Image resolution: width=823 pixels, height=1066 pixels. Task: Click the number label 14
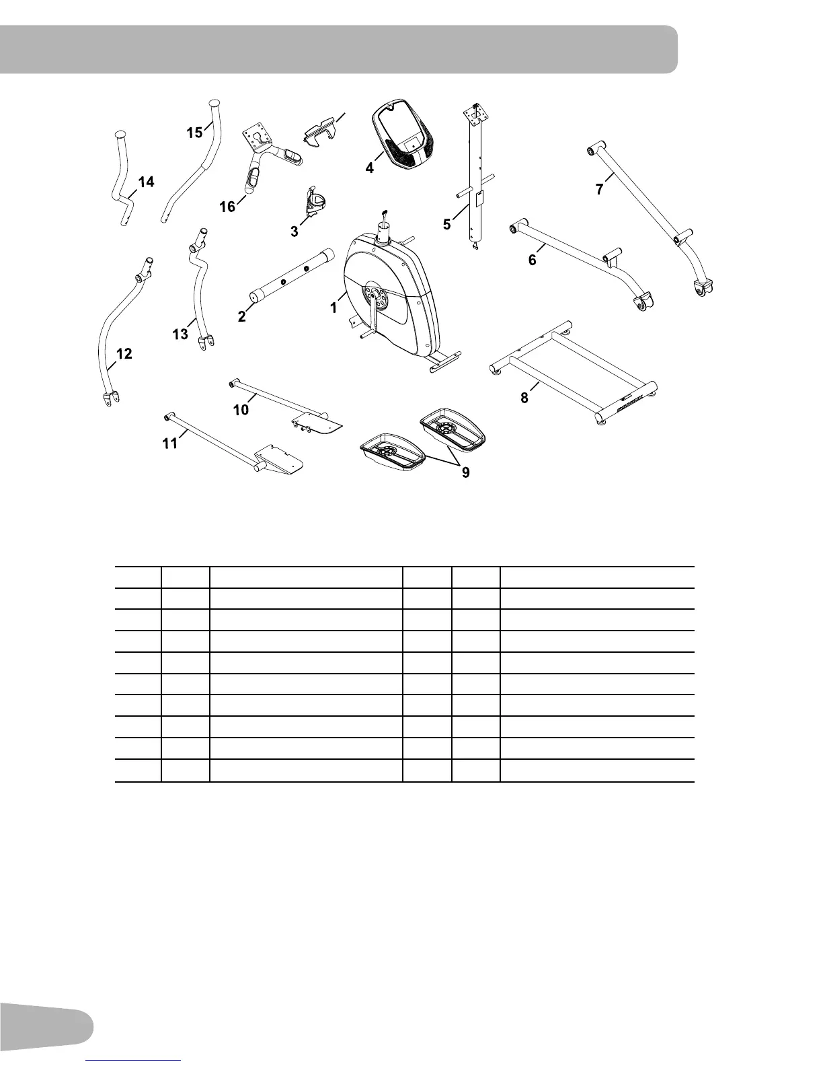146,182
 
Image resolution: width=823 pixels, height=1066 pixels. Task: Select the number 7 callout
599,189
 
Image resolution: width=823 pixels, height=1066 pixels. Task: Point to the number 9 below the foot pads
465,473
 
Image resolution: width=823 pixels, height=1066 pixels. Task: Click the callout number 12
124,353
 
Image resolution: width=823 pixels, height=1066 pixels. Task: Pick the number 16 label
227,207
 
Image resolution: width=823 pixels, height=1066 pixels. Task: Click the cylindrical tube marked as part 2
292,277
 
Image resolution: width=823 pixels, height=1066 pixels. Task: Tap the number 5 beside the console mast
447,225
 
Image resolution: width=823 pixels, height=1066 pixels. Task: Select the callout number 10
241,410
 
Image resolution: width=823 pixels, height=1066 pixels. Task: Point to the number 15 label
194,133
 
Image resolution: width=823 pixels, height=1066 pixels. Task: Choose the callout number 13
180,334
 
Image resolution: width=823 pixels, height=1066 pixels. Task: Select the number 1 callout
333,308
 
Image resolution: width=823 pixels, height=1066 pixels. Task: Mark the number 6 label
532,260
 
